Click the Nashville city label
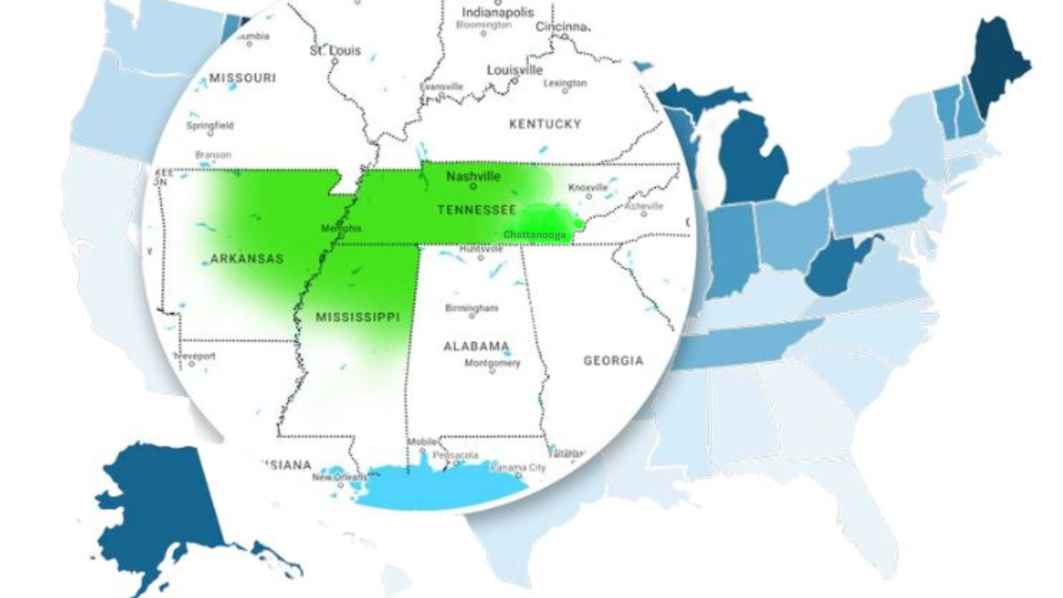tap(473, 177)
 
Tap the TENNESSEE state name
tap(476, 210)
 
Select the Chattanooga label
tap(535, 234)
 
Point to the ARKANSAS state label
tap(247, 259)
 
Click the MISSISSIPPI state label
tap(357, 318)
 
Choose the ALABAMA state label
tap(476, 346)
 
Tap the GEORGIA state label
tap(613, 361)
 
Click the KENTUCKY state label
tap(545, 124)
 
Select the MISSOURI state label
tap(242, 78)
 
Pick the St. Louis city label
tap(335, 51)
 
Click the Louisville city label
tap(514, 70)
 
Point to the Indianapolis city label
tap(498, 12)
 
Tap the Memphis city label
tap(341, 228)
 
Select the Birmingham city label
tap(472, 308)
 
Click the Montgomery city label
tap(493, 364)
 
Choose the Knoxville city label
tap(588, 188)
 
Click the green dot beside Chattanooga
tap(579, 224)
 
